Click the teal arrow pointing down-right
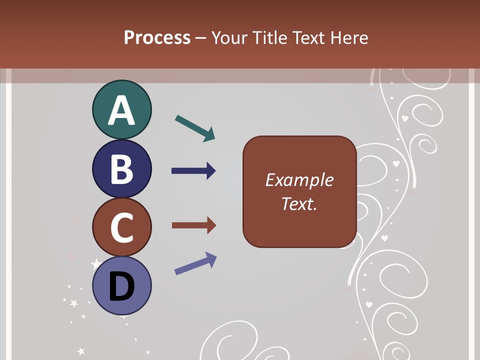(195, 128)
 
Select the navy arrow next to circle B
(193, 171)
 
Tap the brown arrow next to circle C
(193, 225)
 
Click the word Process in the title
(157, 37)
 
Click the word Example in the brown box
(299, 180)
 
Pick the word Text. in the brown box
(299, 203)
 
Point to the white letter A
(121, 111)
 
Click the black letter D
(121, 287)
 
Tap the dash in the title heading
(201, 38)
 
